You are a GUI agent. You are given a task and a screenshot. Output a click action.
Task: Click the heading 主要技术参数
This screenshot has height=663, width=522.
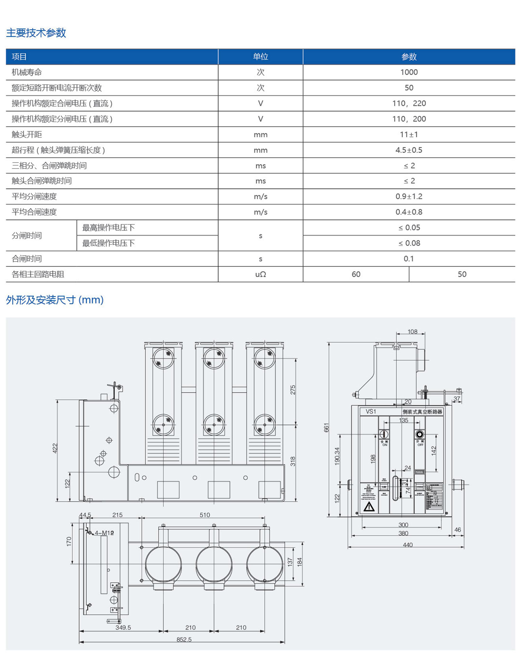(x=36, y=33)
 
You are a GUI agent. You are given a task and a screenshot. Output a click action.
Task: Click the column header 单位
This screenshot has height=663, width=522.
(x=260, y=57)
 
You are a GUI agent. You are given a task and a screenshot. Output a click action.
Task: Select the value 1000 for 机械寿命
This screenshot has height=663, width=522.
(x=409, y=72)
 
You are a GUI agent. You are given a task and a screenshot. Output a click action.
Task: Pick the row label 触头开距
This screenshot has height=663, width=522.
(x=27, y=134)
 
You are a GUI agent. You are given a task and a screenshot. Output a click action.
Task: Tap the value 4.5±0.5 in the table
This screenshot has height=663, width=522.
(x=409, y=150)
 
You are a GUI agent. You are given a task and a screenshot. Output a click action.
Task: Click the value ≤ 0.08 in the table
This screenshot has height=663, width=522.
(x=409, y=243)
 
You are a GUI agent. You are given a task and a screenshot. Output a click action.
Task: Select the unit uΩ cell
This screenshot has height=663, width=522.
(x=260, y=274)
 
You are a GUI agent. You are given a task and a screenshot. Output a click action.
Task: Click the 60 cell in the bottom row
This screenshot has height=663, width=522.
(x=356, y=274)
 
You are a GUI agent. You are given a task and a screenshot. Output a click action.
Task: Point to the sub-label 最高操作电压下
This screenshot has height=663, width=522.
(x=108, y=228)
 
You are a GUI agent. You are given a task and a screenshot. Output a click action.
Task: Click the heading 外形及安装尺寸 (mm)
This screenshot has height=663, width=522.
(x=55, y=300)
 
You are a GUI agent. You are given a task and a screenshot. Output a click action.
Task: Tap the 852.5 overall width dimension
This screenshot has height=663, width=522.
(x=184, y=639)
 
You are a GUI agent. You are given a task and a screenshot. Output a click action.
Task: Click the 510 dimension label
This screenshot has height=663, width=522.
(x=205, y=515)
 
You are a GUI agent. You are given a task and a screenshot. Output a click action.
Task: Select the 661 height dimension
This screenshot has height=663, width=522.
(x=326, y=428)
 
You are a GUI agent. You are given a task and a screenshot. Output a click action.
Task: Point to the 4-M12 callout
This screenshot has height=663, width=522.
(x=104, y=533)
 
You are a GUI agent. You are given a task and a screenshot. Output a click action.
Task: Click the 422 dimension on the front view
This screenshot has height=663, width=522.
(x=55, y=448)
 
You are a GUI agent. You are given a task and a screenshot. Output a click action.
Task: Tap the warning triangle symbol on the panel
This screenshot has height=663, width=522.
(x=369, y=507)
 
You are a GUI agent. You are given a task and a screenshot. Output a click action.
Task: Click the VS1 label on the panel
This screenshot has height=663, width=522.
(x=371, y=412)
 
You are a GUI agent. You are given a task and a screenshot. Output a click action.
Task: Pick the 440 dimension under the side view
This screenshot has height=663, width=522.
(x=408, y=545)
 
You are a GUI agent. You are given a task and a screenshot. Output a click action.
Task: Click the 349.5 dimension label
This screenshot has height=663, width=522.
(x=123, y=627)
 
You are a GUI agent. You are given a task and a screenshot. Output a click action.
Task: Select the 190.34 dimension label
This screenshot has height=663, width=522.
(x=337, y=456)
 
